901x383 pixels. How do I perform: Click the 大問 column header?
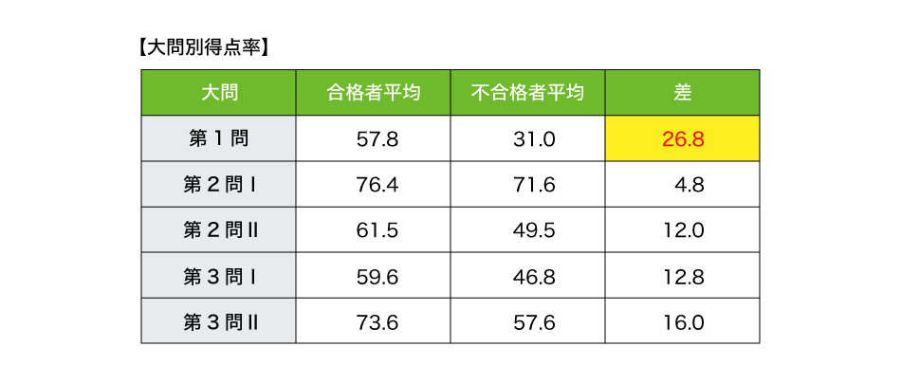[218, 93]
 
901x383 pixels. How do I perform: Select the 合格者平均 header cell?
[373, 93]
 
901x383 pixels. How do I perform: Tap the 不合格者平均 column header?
[527, 93]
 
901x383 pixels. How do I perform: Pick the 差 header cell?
[682, 93]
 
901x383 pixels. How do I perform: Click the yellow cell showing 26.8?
[682, 139]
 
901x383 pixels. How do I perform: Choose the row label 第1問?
[218, 138]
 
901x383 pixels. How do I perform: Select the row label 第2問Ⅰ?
[218, 184]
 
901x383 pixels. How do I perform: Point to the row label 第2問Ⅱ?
[218, 230]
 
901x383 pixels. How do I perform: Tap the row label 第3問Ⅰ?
[218, 276]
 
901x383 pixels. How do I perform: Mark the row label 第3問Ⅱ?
[218, 322]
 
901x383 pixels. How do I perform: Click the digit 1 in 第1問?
[219, 138]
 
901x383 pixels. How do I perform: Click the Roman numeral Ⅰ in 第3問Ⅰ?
[253, 276]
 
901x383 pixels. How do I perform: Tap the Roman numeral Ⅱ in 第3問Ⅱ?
[252, 322]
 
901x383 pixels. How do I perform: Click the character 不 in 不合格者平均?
[481, 93]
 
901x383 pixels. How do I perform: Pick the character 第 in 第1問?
[198, 138]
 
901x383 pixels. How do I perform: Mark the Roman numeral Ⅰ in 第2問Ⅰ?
[253, 184]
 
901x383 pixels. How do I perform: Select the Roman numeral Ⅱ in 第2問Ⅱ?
[252, 230]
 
